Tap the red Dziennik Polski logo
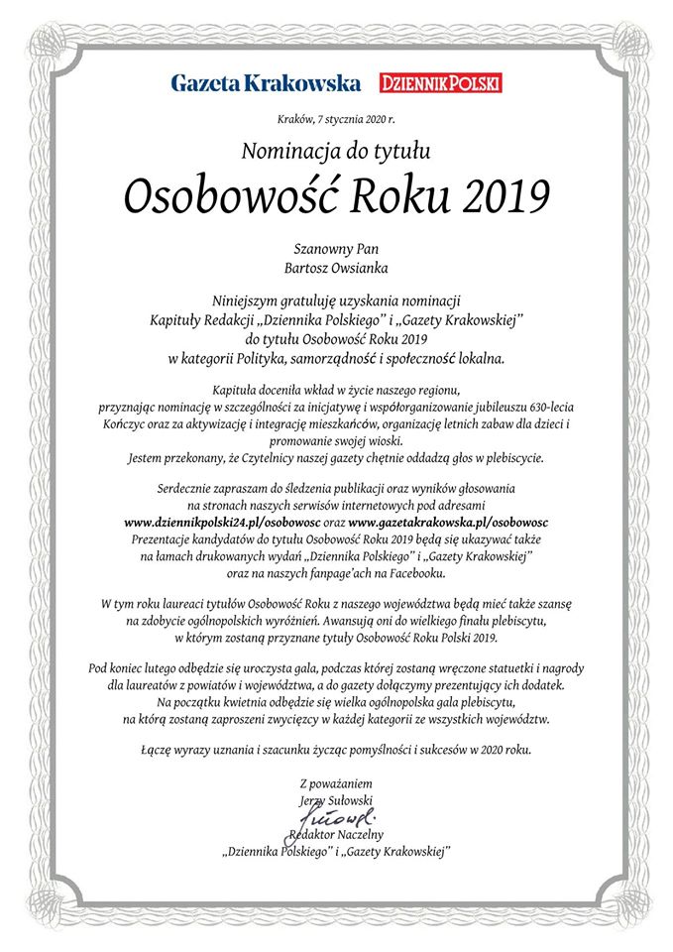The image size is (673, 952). coord(441,82)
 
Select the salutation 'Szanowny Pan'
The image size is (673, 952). coord(336,248)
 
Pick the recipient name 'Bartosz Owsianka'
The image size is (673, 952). coord(336,267)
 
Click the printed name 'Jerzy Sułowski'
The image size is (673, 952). coord(336,800)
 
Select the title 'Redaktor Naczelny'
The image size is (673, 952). coord(337,835)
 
